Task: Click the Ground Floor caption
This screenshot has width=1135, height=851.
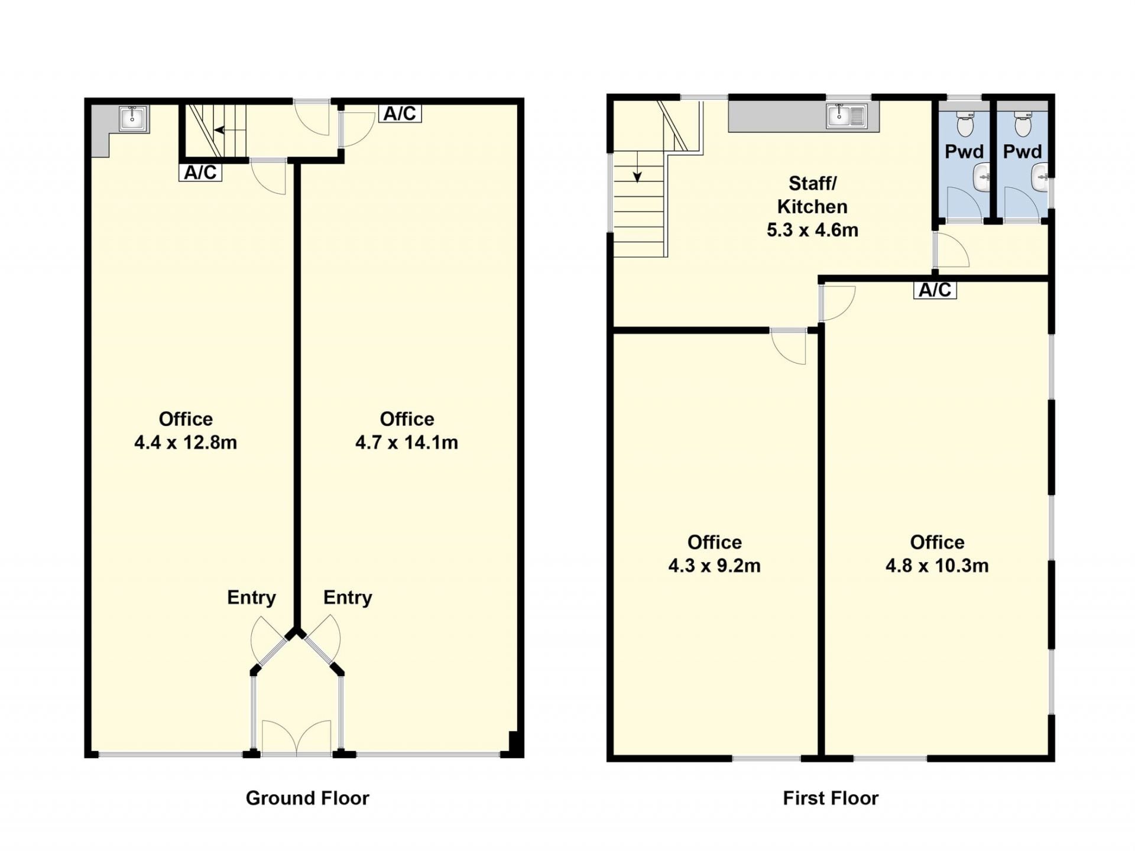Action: pos(307,798)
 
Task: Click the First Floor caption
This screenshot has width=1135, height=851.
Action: pos(831,798)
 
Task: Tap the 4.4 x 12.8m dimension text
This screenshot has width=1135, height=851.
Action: pos(186,442)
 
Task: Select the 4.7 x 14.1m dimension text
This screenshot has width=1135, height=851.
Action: pos(407,442)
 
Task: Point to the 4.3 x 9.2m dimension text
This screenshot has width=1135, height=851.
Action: pos(714,566)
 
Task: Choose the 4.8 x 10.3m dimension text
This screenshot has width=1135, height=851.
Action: pos(937,566)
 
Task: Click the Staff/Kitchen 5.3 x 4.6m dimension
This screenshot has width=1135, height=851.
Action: pos(812,230)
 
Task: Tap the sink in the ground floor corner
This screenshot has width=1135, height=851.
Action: pos(131,118)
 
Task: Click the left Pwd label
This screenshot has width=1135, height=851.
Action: pos(964,152)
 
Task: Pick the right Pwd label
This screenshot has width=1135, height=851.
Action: pos(1023,152)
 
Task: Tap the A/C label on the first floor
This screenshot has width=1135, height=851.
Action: pos(935,290)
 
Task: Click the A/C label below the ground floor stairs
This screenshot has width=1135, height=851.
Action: pos(200,173)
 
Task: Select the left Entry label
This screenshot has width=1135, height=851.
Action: pos(251,597)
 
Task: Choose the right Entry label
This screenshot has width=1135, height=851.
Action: pos(348,597)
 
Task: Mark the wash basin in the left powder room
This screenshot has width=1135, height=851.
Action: pos(982,177)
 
